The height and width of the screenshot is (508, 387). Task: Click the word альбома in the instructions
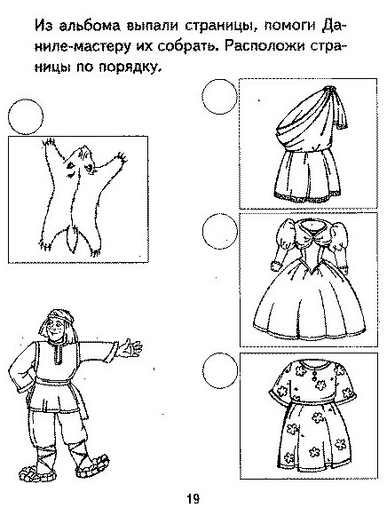[91, 25]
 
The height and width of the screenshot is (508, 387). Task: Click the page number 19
[193, 498]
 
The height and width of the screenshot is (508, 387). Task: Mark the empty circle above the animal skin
[26, 116]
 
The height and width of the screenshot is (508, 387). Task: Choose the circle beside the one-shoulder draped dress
[219, 97]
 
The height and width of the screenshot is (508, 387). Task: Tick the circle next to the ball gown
[220, 231]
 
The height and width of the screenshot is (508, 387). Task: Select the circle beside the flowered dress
[220, 370]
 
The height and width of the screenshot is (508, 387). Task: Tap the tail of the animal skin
[72, 239]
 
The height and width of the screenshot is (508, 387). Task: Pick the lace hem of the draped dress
[308, 198]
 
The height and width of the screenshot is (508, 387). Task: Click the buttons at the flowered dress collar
[313, 374]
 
